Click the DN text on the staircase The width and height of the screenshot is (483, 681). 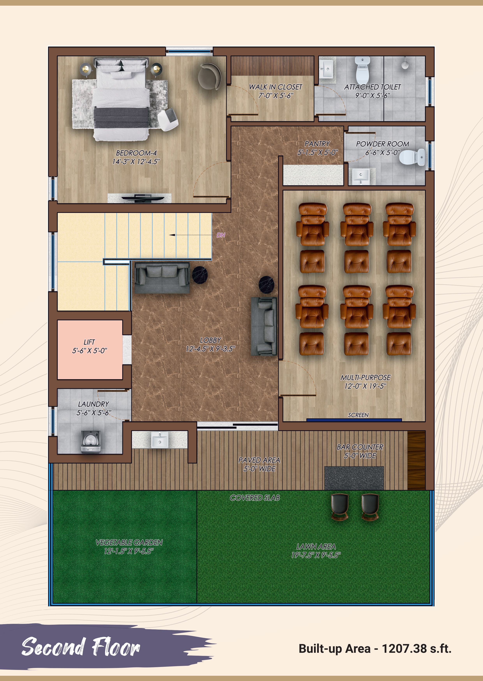[221, 235]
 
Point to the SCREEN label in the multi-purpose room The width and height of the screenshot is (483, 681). [358, 415]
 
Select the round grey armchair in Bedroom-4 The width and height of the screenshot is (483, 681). [210, 76]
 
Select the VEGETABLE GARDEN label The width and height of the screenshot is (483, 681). [129, 542]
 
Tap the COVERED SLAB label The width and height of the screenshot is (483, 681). [255, 498]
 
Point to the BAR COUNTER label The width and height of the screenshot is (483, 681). [360, 447]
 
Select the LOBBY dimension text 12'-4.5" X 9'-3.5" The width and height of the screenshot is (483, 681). [210, 349]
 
